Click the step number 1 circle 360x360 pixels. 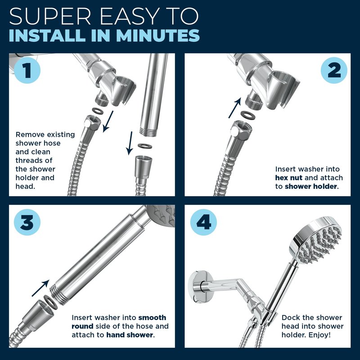(27, 70)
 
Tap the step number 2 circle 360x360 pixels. (334, 70)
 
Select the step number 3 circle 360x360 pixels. (27, 222)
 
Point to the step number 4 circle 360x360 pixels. (203, 222)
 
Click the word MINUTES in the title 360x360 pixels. (158, 36)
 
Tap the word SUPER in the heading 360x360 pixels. (50, 16)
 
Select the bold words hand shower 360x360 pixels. (130, 335)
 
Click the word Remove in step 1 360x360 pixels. (29, 134)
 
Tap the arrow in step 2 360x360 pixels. (234, 108)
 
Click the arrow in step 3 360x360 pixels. (40, 288)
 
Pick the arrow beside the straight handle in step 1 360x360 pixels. (130, 143)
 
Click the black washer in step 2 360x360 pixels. (248, 115)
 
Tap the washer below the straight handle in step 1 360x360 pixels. (144, 146)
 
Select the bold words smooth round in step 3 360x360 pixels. (119, 322)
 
